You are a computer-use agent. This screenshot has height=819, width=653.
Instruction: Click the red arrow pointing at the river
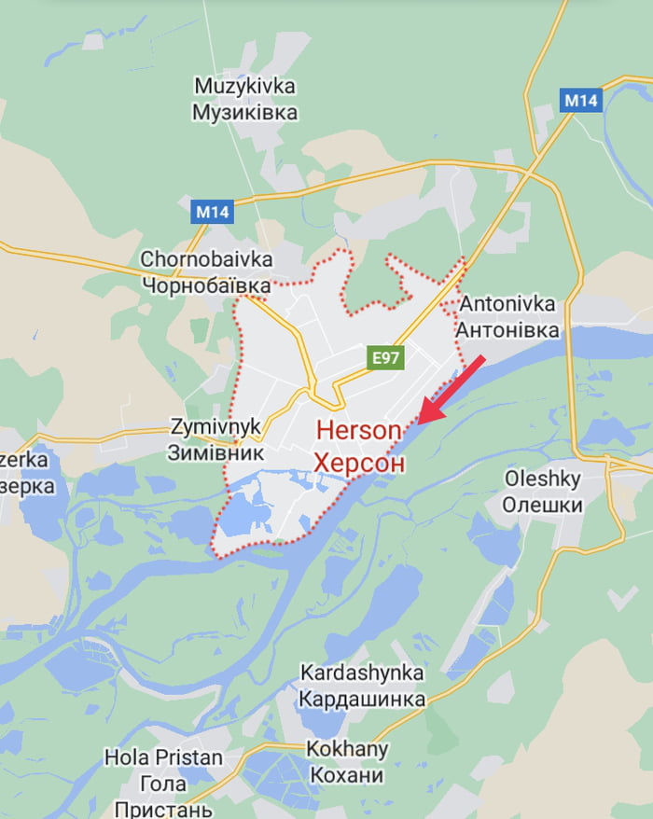coord(451,390)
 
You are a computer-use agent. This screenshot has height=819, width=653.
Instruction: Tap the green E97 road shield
coord(385,356)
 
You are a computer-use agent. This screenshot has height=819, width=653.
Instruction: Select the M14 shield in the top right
coord(580,100)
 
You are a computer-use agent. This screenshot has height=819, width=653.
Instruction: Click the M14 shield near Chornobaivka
coord(214,212)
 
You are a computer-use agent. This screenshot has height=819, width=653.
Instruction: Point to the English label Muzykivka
coord(245,87)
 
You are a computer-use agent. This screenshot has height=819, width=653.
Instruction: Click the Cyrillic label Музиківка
coord(245,113)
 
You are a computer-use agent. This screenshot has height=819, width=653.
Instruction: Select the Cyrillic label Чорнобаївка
coord(207,285)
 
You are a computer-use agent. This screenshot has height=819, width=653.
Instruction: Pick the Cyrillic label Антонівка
coord(507,330)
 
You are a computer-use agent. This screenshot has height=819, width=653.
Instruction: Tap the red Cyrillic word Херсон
coord(359,463)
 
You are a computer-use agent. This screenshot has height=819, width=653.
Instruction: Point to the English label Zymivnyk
coord(215,427)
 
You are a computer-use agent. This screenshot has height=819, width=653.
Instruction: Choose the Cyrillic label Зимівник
coord(215,453)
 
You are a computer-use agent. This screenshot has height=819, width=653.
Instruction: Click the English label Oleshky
coord(542,479)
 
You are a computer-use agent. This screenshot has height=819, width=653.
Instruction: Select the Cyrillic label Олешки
coord(542,506)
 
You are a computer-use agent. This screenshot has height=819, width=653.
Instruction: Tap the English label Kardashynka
coord(362,673)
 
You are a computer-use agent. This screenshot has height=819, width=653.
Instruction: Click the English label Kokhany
coord(346,749)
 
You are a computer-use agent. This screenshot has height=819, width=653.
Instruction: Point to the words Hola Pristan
coord(163,757)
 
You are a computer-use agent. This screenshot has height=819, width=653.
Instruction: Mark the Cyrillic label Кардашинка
coord(362,699)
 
